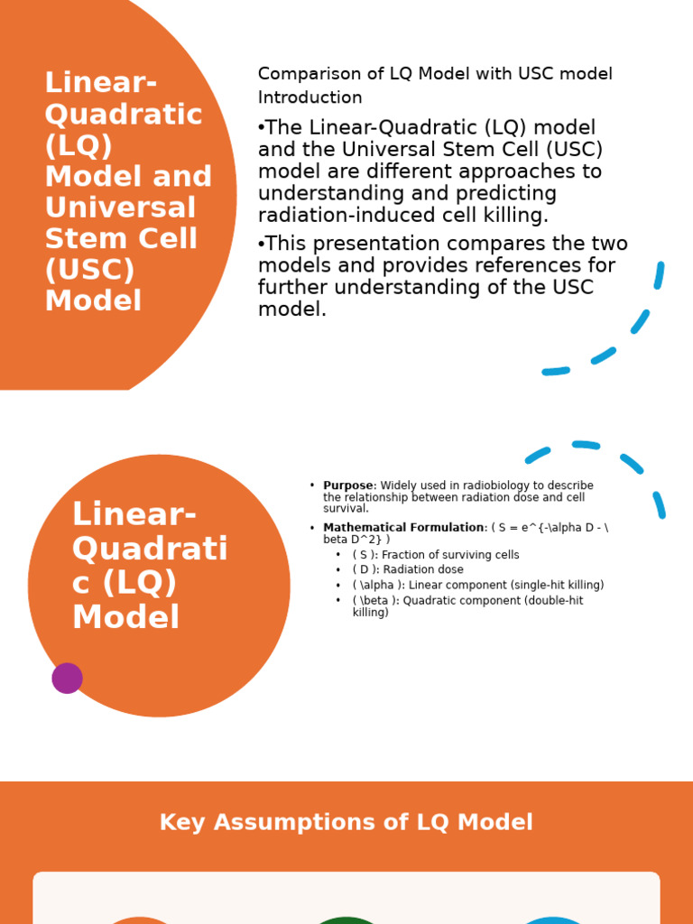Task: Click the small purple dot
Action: (67, 678)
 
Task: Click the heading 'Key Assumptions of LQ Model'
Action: (346, 822)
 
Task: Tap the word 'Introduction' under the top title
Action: (310, 97)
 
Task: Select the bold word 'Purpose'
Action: (347, 485)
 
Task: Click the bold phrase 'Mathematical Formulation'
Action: (403, 528)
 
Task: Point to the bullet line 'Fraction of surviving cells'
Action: (436, 555)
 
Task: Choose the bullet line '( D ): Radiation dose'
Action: (408, 570)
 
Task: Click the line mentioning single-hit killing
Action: (478, 586)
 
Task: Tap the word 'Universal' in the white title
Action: (120, 208)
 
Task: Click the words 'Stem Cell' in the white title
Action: (121, 239)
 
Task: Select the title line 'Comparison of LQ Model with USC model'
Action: (435, 74)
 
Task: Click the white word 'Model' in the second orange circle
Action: (125, 617)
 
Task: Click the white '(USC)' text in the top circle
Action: (89, 270)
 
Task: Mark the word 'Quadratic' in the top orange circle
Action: (124, 115)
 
